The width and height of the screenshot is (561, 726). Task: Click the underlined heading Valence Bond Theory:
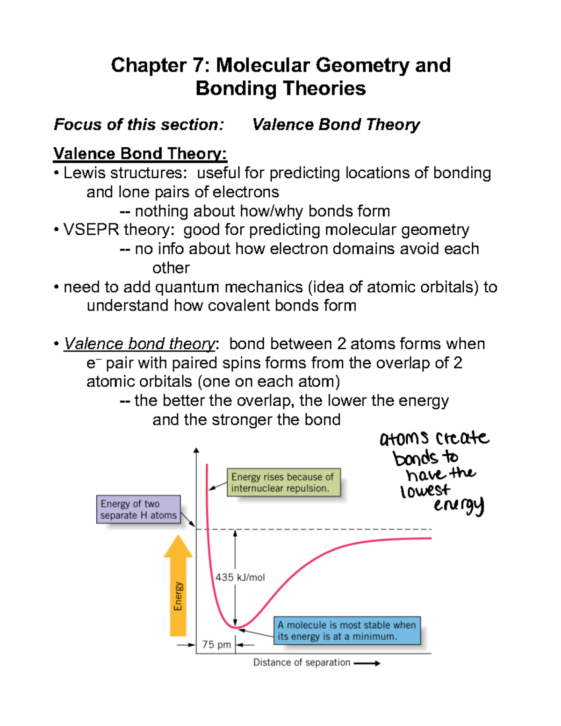pyautogui.click(x=140, y=153)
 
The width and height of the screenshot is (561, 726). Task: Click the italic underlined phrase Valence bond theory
pyautogui.click(x=139, y=344)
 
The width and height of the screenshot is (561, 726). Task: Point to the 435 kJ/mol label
pyautogui.click(x=240, y=577)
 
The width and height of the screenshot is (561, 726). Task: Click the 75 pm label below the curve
pyautogui.click(x=216, y=645)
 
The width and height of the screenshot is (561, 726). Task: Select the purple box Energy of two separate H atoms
pyautogui.click(x=138, y=510)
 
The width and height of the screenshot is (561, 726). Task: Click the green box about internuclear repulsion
pyautogui.click(x=283, y=482)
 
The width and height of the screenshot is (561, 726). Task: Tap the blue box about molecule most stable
pyautogui.click(x=346, y=631)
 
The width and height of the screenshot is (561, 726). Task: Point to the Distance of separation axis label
pyautogui.click(x=302, y=662)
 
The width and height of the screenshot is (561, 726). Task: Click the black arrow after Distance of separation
pyautogui.click(x=367, y=663)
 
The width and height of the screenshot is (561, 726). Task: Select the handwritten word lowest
pyautogui.click(x=424, y=490)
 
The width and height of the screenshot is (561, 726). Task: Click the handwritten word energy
pyautogui.click(x=459, y=505)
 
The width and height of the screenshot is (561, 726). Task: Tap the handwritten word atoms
pyautogui.click(x=403, y=438)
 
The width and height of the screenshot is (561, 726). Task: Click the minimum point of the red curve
pyautogui.click(x=236, y=627)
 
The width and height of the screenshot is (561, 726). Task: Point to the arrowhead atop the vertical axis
pyautogui.click(x=196, y=450)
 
